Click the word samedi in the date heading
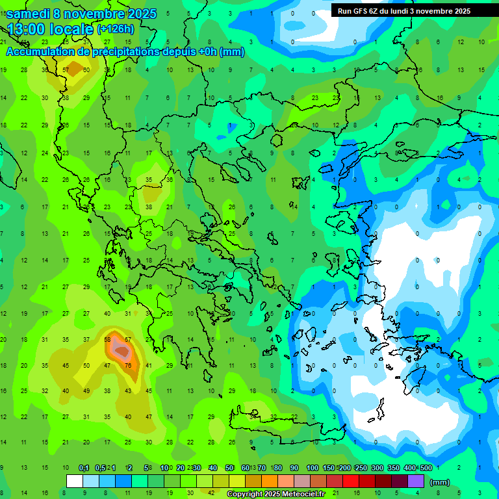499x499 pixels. pos(32,14)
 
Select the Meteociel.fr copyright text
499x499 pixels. pos(276,494)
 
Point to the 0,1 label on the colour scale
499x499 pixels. pos(84,468)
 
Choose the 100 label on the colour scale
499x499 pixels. pos(312,468)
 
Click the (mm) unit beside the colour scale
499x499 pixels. pos(440,482)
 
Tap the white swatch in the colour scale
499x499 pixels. pos(75,481)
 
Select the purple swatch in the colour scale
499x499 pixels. pos(416,481)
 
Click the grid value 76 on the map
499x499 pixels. pos(128,365)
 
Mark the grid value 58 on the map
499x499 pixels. pos(107,339)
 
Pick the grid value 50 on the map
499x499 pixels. pos(86,365)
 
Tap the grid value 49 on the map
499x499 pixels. pos(86,391)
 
